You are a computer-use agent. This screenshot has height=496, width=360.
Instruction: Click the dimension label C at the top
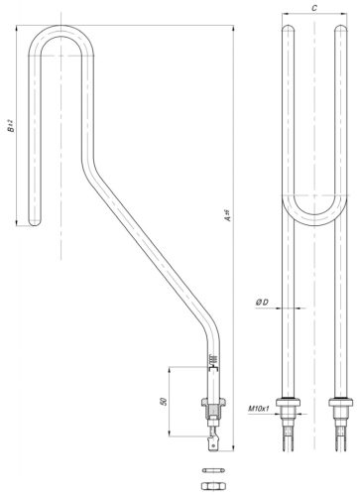coord(312,7)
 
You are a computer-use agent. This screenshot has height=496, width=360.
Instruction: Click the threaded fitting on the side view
coord(214,407)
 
